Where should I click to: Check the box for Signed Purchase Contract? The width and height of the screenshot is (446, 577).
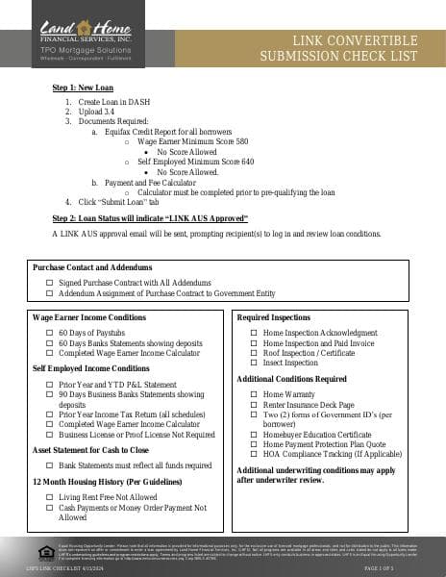click(x=50, y=284)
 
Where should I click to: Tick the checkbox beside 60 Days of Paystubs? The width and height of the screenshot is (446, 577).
click(x=50, y=332)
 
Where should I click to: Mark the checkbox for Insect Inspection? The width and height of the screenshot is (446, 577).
click(x=255, y=363)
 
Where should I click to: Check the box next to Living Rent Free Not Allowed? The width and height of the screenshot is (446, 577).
click(x=50, y=497)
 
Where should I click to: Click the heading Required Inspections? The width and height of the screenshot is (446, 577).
click(x=273, y=316)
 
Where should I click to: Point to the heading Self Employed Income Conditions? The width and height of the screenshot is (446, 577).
click(x=90, y=368)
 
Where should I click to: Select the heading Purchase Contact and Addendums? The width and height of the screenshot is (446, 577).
click(x=91, y=267)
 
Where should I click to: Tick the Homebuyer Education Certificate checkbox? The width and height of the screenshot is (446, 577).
click(x=255, y=435)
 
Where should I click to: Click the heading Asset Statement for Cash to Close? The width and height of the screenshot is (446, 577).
click(x=90, y=449)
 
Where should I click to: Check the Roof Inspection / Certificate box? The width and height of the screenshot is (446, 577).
click(x=255, y=353)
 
